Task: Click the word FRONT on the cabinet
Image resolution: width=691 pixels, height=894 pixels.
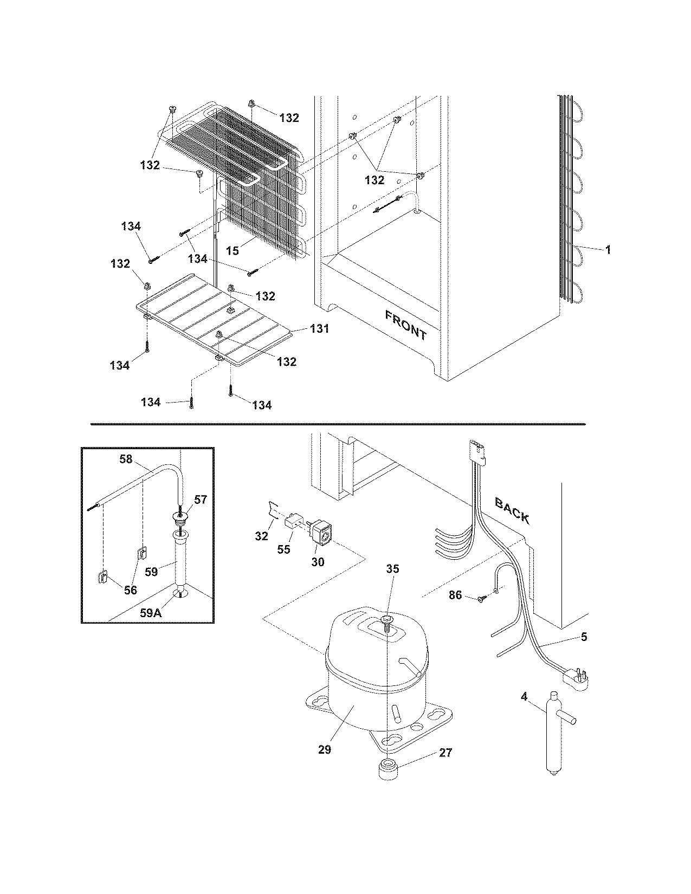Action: (x=406, y=325)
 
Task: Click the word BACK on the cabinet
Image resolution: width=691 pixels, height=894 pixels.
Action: (x=512, y=511)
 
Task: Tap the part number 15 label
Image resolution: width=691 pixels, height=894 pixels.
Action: (x=233, y=251)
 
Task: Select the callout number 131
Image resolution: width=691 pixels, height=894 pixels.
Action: (x=319, y=329)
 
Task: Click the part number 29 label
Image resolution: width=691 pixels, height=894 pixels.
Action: (x=324, y=749)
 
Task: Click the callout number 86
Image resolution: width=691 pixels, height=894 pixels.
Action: (x=455, y=595)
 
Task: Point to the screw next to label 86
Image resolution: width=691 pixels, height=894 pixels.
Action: (x=482, y=599)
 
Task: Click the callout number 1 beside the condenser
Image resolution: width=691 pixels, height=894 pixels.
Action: (x=608, y=250)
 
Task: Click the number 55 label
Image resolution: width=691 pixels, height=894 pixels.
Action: (x=283, y=549)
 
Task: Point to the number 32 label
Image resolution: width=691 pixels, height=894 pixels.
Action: (x=261, y=536)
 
